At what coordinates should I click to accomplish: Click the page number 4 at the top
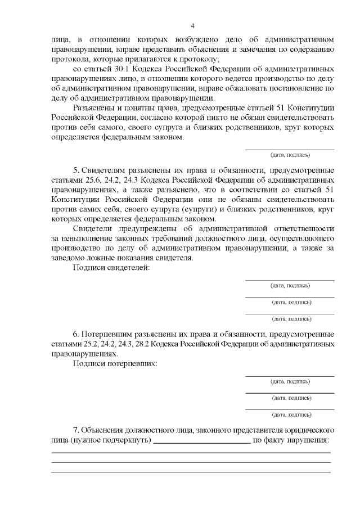[192, 26]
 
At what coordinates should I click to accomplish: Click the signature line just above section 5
[290, 150]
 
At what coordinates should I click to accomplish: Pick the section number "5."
[76, 170]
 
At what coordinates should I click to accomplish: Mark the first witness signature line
[290, 280]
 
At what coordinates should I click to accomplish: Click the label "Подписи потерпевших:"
[115, 363]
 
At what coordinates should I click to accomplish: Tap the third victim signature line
[290, 409]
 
